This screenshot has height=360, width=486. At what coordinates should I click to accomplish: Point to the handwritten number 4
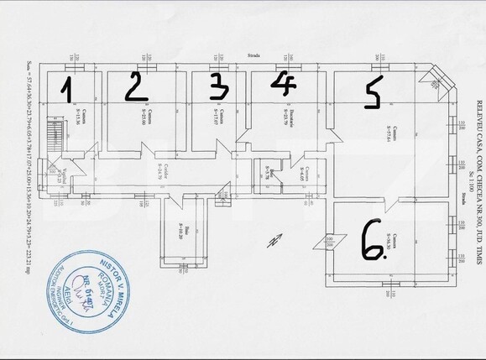tap(283, 83)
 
